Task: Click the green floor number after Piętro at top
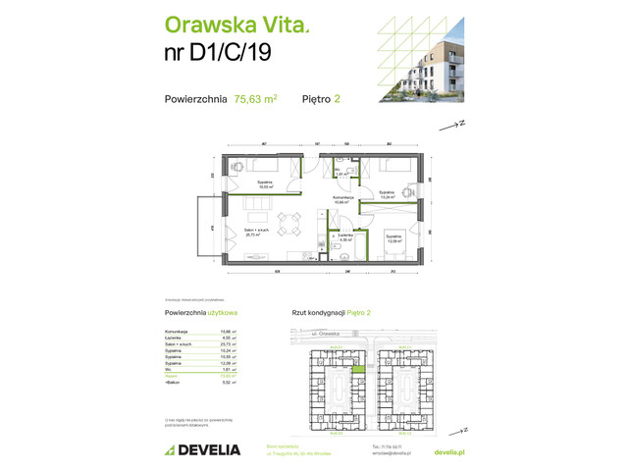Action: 338,98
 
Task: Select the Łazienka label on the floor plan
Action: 344,237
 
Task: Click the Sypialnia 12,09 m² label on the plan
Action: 393,237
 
